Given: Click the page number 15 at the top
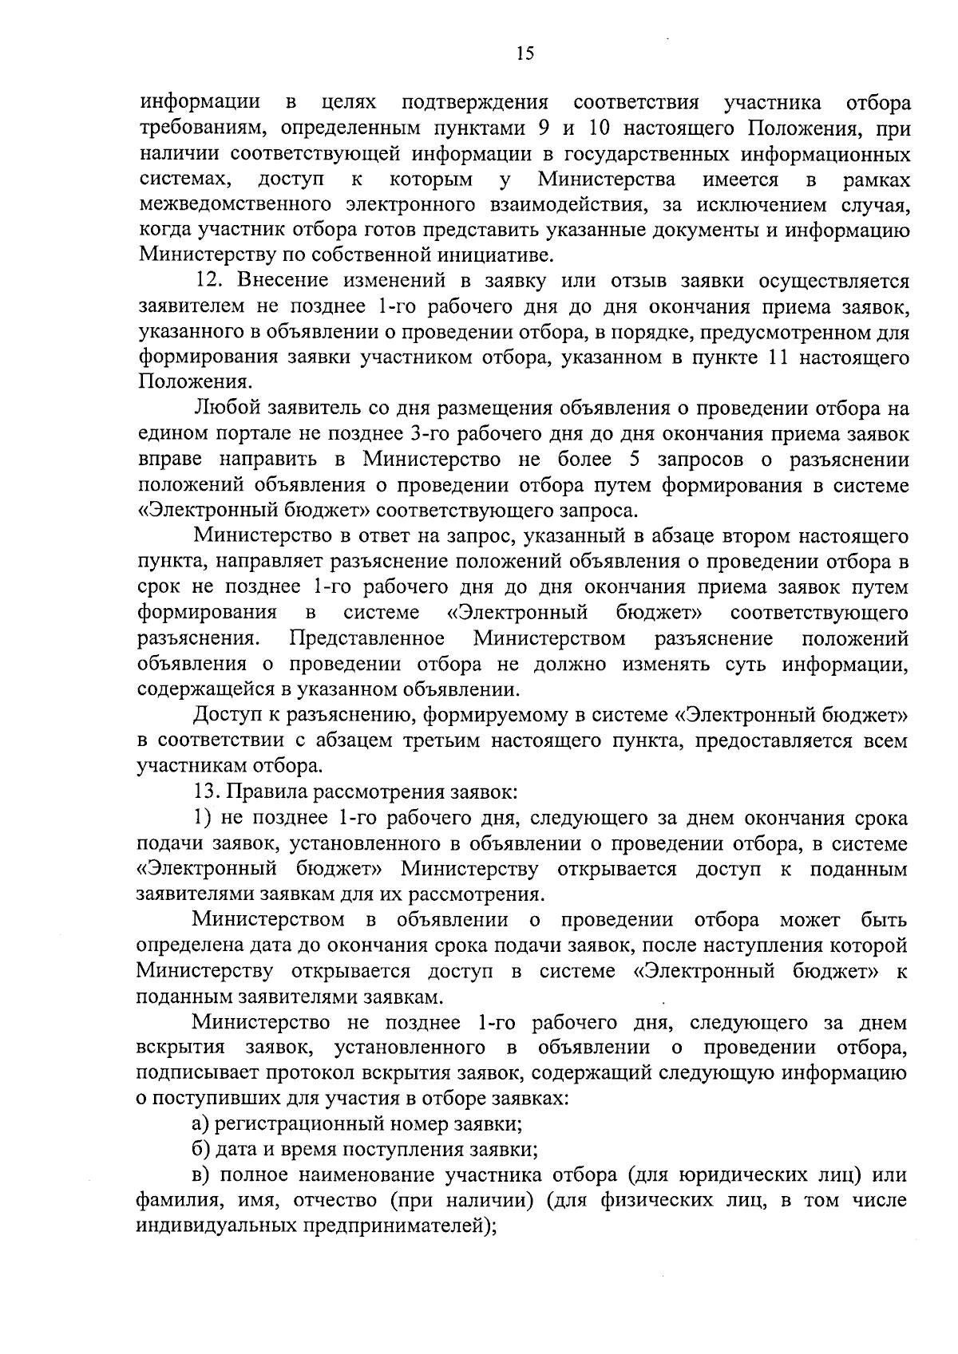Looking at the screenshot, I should point(525,53).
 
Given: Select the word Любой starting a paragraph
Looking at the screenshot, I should point(220,409).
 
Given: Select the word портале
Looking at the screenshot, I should point(252,435).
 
